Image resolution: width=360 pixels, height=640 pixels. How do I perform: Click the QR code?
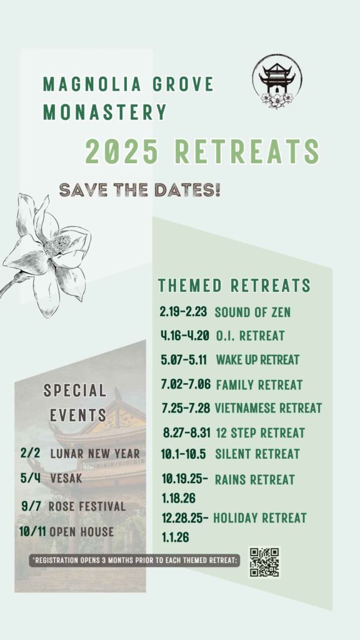pos(264,562)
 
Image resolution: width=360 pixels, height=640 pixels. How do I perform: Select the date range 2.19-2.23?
pos(184,312)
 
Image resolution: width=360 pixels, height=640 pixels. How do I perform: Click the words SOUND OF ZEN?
pos(252,312)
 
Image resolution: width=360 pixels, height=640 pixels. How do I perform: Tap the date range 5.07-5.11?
pos(184,360)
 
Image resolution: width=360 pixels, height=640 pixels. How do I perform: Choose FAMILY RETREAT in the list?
pos(259,384)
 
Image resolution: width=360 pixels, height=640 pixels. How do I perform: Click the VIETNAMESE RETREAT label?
pos(268,407)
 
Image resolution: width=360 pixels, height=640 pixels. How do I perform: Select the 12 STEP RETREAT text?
pos(260,432)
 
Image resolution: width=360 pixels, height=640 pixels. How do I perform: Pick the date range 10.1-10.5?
pos(184,454)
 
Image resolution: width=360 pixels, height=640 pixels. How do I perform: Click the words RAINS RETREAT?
pos(255,479)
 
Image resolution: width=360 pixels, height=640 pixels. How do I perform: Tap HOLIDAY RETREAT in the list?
pos(259,518)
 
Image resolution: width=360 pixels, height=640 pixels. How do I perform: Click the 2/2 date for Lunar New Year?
pos(30,453)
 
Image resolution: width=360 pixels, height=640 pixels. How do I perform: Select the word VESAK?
pos(66,478)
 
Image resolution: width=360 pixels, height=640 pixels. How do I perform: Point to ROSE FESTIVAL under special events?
pos(87,506)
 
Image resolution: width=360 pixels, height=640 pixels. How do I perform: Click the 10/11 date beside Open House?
pos(32,531)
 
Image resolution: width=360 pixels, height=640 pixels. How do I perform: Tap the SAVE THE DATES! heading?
pos(139,190)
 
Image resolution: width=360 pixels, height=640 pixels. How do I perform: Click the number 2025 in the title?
pos(122,151)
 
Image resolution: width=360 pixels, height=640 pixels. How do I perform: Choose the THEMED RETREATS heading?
pos(234,285)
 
